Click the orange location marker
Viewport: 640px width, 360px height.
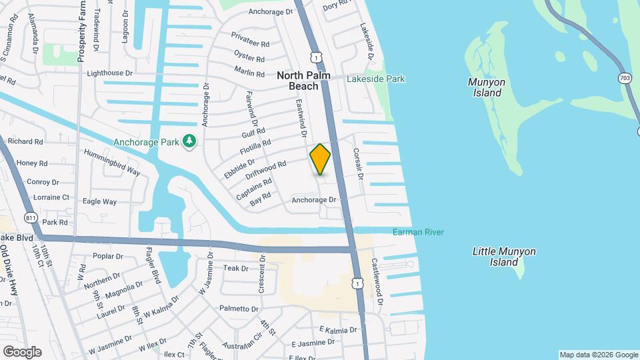[x=320, y=159]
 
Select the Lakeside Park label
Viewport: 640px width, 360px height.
[x=375, y=79]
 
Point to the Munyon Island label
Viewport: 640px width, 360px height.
[x=487, y=87]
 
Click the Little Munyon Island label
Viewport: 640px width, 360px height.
[x=504, y=257]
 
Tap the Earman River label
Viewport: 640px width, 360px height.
[x=418, y=232]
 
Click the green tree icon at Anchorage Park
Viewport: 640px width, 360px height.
[x=190, y=141]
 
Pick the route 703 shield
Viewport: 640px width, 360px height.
[x=625, y=78]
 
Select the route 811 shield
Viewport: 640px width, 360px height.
[x=30, y=217]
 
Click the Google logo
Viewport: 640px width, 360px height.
[x=22, y=351]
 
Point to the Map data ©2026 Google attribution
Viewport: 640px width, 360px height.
[x=598, y=355]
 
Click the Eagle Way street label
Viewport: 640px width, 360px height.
[x=100, y=201]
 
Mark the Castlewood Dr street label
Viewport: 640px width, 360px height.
[x=377, y=283]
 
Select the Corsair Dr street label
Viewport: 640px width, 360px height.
[x=359, y=165]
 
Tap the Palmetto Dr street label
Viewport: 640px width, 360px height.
[x=238, y=309]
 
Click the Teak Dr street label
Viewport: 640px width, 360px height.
[x=235, y=268]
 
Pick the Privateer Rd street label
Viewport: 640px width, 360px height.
[x=250, y=39]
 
